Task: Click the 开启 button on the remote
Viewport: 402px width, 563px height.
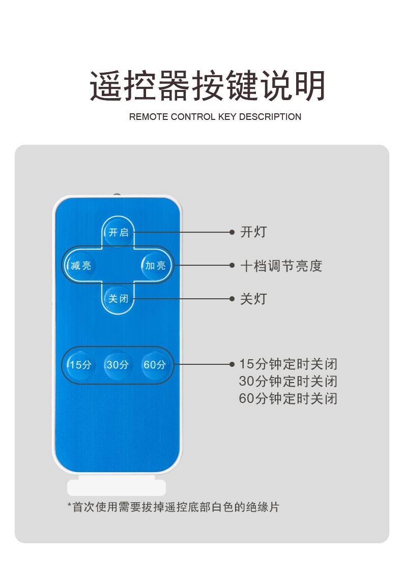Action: [118, 232]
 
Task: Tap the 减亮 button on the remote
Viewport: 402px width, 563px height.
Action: [81, 265]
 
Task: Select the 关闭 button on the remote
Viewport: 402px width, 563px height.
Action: [118, 298]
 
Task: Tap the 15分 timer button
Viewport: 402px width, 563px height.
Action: [81, 364]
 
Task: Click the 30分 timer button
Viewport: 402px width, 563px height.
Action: [118, 364]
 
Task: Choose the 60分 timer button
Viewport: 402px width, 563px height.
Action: [155, 364]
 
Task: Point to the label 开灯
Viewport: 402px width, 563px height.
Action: [253, 233]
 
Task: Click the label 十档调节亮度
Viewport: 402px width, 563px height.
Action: [281, 266]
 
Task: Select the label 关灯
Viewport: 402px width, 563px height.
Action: [253, 299]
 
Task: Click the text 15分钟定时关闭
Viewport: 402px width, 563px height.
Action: [288, 364]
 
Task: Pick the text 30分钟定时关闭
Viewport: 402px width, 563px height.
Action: [288, 381]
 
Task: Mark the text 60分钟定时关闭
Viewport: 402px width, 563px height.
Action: [288, 398]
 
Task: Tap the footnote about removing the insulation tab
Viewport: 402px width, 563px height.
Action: [173, 507]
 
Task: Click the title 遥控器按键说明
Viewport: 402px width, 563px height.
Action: [208, 86]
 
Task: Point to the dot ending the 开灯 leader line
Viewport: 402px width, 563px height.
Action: [232, 233]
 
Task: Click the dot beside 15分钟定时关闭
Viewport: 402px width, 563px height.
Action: [232, 364]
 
